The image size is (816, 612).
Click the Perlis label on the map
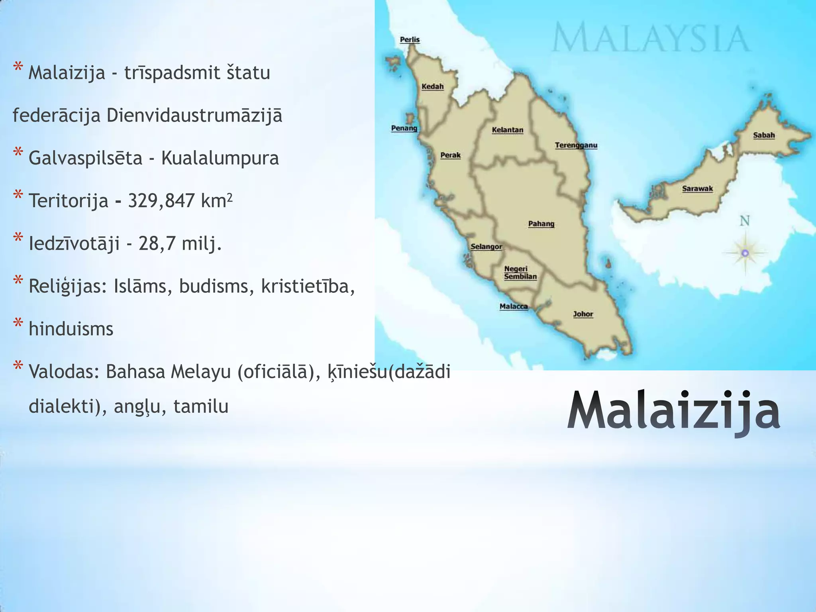(410, 39)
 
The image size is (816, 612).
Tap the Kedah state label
(432, 86)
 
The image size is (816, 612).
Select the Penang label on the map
(404, 128)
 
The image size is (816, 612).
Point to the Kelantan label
(507, 130)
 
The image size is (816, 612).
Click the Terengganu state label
(576, 145)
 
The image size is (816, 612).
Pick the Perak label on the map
(450, 155)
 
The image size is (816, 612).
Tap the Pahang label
(541, 224)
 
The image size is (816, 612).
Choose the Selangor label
(486, 247)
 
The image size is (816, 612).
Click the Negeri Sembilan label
(520, 273)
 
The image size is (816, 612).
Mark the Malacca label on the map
(514, 306)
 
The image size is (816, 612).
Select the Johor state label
(583, 314)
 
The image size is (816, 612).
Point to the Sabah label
(764, 135)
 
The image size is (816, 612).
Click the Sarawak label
(697, 189)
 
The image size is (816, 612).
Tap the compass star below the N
(745, 253)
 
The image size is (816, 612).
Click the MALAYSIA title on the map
(651, 37)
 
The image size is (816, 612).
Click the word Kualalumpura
(220, 159)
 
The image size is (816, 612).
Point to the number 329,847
(161, 201)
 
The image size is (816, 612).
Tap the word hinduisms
(71, 330)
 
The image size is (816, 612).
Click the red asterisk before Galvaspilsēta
(18, 153)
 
